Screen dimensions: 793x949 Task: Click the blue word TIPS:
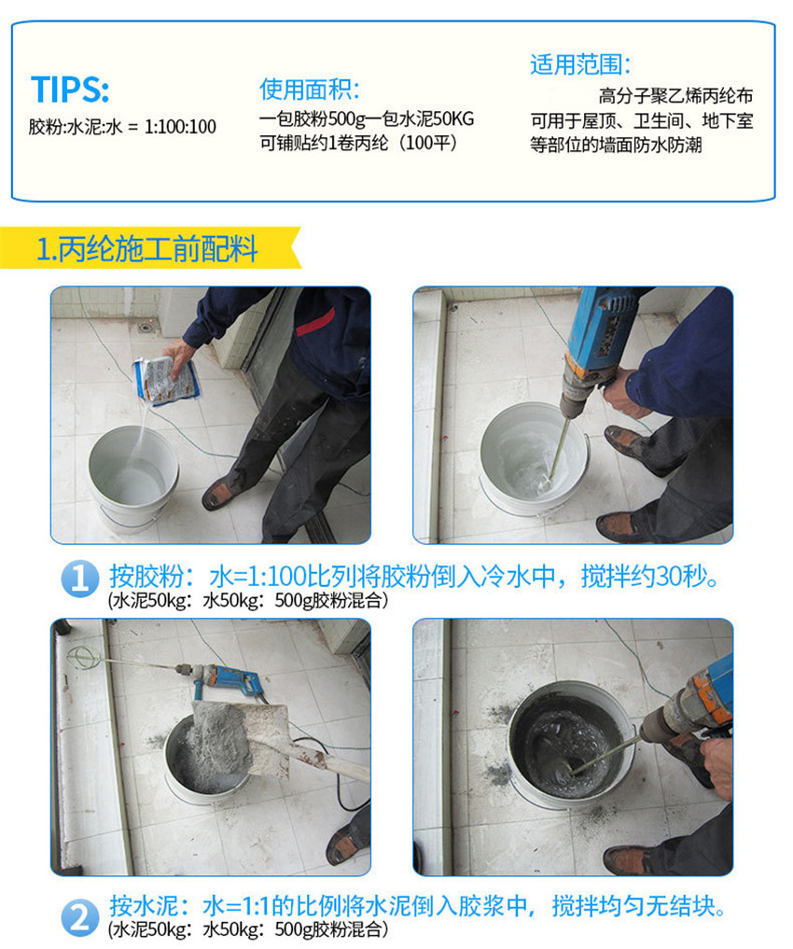click(70, 89)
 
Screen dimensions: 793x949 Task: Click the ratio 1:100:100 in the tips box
click(180, 127)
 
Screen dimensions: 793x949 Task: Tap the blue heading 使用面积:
click(309, 90)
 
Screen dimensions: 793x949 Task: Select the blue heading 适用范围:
click(580, 64)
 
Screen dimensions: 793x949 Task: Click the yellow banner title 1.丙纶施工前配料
click(147, 249)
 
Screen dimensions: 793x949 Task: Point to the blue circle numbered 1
click(80, 579)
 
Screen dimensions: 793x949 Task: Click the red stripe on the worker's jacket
click(315, 322)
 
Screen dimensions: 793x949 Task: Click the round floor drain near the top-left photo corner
click(146, 328)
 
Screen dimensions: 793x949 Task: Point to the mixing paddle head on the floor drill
click(83, 656)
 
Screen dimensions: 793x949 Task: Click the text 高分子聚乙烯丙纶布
click(675, 95)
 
